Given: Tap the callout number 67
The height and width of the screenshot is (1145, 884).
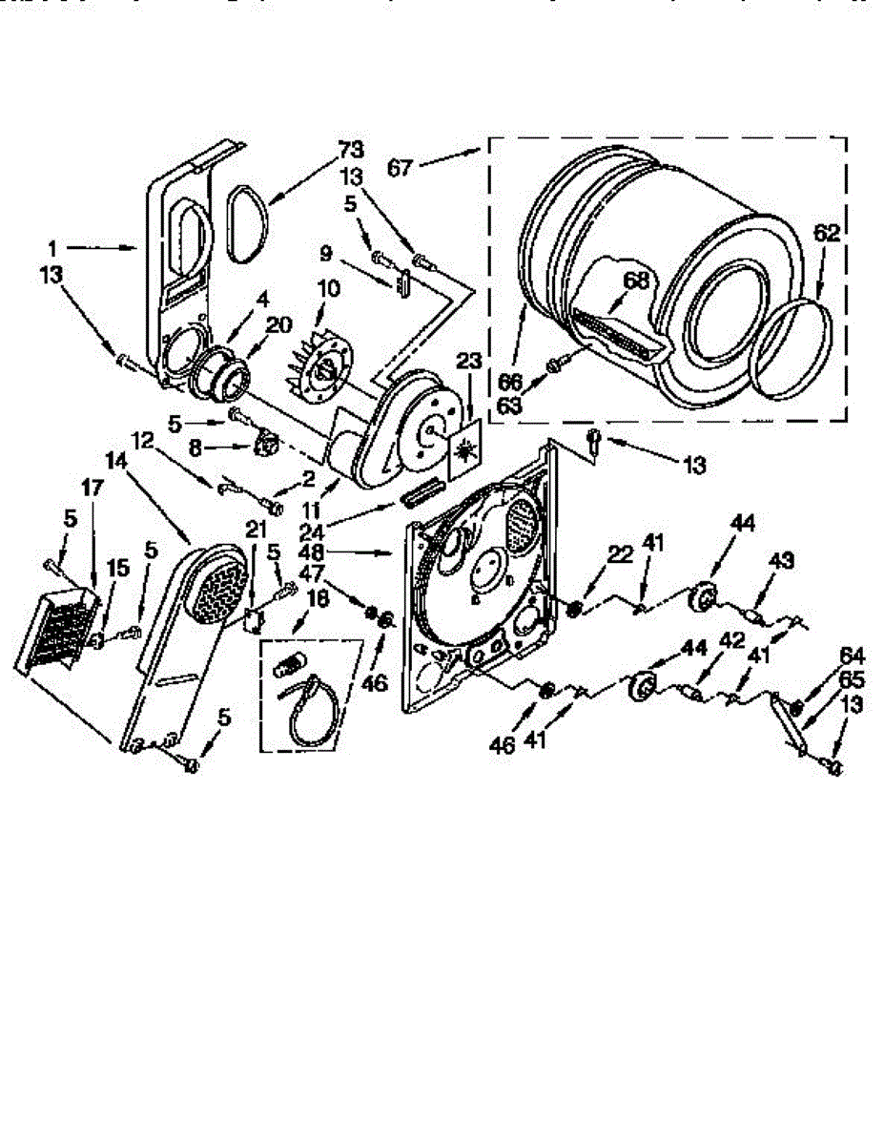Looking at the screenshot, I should click(x=401, y=168).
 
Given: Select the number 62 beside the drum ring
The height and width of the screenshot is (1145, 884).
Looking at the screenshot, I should click(x=826, y=232).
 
